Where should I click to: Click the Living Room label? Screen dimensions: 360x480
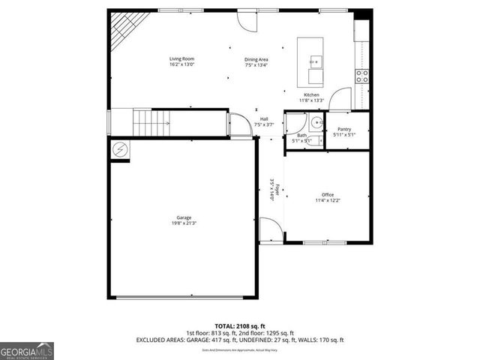point(181,58)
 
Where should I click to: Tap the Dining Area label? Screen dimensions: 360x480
point(256,59)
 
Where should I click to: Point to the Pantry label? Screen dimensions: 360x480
point(345,129)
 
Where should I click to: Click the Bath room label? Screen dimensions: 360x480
point(301,135)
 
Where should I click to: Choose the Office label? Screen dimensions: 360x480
point(328,195)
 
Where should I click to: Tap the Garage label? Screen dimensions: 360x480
point(184,217)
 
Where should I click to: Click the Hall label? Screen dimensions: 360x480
point(264,118)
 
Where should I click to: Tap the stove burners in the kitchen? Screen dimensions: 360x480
point(362,76)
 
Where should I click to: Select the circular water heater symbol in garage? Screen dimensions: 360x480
point(120,150)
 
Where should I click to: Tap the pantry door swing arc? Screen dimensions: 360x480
point(340,99)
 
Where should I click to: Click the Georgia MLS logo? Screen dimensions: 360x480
point(27,349)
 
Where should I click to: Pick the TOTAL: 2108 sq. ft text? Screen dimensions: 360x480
point(240,326)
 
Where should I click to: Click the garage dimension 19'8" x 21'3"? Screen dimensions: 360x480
point(184,223)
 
